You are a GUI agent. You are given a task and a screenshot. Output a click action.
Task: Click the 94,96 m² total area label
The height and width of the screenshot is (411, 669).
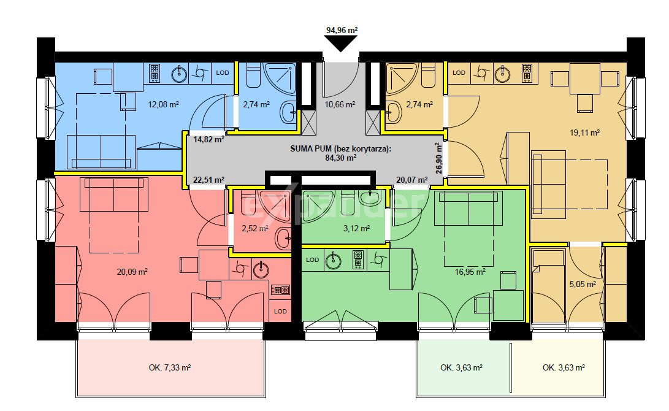(x=341, y=29)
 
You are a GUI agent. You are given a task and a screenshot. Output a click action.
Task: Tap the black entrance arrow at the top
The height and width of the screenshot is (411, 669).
(x=341, y=44)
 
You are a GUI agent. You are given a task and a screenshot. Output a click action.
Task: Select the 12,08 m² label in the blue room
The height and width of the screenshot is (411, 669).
(x=163, y=104)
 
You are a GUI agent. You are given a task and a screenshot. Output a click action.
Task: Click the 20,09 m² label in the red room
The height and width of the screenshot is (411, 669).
(x=132, y=271)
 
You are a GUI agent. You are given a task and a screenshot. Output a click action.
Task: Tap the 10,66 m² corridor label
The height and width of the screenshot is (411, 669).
(x=340, y=104)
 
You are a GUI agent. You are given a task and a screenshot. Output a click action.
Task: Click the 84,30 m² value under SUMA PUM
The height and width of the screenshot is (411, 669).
(x=340, y=158)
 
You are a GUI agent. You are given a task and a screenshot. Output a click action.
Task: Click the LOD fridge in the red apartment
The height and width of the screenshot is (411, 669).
(x=281, y=311)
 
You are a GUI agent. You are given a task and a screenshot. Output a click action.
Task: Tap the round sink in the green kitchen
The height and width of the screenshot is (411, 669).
(x=333, y=261)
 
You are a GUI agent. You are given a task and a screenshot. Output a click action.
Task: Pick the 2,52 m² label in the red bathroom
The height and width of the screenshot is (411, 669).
(x=254, y=228)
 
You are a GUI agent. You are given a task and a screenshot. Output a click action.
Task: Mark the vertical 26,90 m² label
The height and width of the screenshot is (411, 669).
(x=439, y=158)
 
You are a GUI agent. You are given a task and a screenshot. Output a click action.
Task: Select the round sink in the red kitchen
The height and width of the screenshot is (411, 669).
(x=262, y=267)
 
